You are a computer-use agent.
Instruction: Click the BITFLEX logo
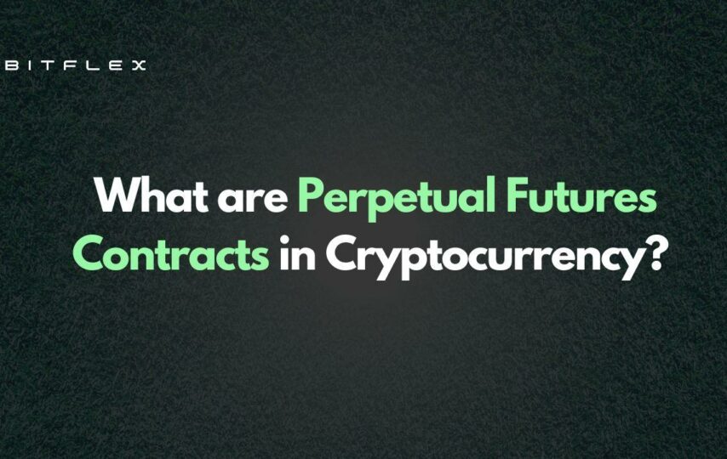point(75,65)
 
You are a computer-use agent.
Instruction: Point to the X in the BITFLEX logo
point(138,65)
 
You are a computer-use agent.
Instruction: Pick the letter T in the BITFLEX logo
point(49,65)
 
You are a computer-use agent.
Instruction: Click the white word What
point(152,195)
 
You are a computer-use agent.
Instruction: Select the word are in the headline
point(253,200)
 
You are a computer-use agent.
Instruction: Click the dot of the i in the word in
point(284,240)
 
